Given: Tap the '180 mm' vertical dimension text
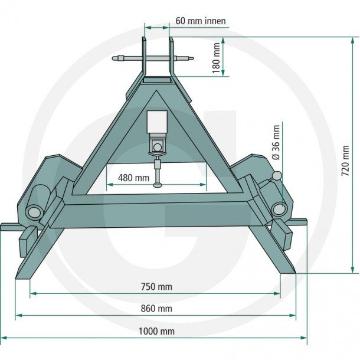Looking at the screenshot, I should tap(216, 57).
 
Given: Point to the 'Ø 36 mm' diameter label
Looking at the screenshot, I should tap(276, 143).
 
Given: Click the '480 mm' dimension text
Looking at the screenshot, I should tap(134, 178).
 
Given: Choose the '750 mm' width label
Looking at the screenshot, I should tap(157, 287).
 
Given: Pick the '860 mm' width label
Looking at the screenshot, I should tap(157, 309).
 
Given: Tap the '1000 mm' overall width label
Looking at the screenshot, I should tap(157, 331).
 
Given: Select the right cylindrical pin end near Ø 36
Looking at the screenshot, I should tap(279, 209).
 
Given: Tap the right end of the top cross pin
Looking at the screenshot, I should tap(192, 58).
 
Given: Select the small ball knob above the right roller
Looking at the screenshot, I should tap(277, 176).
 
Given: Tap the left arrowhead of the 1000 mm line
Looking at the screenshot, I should tap(5, 338).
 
